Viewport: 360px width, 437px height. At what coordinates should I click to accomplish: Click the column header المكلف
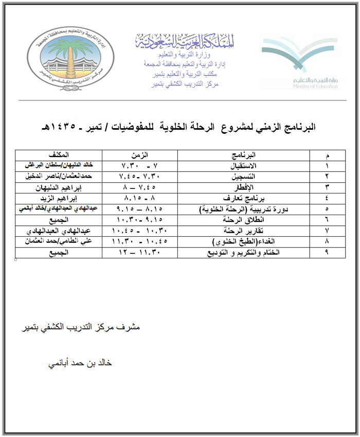[x=59, y=154]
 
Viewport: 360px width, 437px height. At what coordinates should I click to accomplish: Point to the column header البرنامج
[x=244, y=154]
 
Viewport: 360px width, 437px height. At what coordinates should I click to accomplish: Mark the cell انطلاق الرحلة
[x=244, y=220]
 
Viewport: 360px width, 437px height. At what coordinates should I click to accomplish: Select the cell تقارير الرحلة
[x=244, y=231]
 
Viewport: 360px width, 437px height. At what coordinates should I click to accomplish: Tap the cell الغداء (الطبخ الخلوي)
[x=244, y=241]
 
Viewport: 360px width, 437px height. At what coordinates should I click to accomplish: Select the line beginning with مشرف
[x=80, y=327]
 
